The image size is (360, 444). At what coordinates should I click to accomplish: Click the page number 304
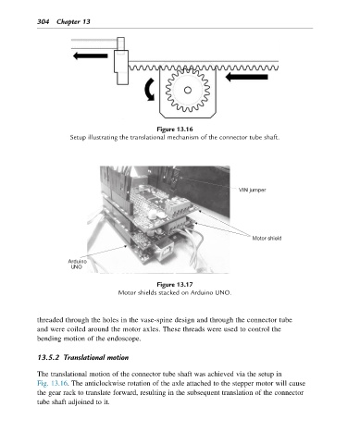(x=43, y=21)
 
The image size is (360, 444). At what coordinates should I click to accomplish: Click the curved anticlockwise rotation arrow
(x=148, y=90)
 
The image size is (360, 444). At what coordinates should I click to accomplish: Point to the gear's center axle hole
(x=188, y=90)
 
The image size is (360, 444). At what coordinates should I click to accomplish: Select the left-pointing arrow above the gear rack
(x=91, y=55)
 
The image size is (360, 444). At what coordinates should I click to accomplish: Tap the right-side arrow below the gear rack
(x=247, y=77)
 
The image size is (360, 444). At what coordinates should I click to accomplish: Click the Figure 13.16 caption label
(x=175, y=129)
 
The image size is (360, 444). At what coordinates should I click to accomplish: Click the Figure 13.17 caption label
(x=175, y=284)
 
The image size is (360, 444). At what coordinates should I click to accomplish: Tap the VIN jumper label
(x=252, y=190)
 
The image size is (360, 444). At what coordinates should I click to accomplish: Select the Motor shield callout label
(x=267, y=238)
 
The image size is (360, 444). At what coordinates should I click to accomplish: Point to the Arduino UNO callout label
(x=77, y=264)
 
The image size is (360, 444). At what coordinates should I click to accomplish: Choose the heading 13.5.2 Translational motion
(x=83, y=358)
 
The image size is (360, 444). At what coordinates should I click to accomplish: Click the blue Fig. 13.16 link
(x=53, y=383)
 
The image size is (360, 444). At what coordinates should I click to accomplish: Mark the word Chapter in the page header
(x=68, y=22)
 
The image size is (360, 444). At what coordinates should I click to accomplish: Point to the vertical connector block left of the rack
(x=121, y=61)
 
